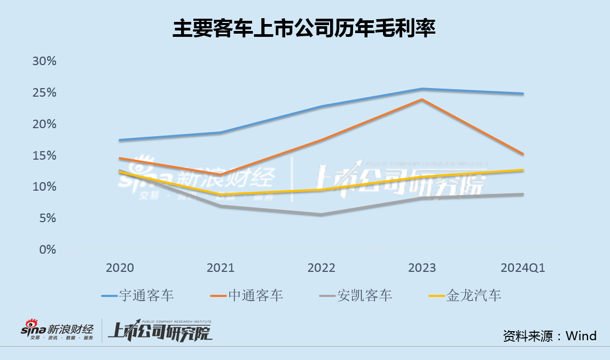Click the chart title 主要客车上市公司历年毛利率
304,28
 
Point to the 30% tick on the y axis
44,61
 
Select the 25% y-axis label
44,92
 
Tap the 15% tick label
44,155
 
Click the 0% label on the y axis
47,249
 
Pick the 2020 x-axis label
120,268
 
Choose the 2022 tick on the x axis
321,268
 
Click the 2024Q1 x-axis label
523,268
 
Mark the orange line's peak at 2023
422,99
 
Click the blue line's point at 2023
422,89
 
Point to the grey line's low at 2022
321,215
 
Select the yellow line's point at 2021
221,194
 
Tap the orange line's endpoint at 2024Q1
523,154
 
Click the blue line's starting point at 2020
120,140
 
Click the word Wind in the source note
581,335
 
